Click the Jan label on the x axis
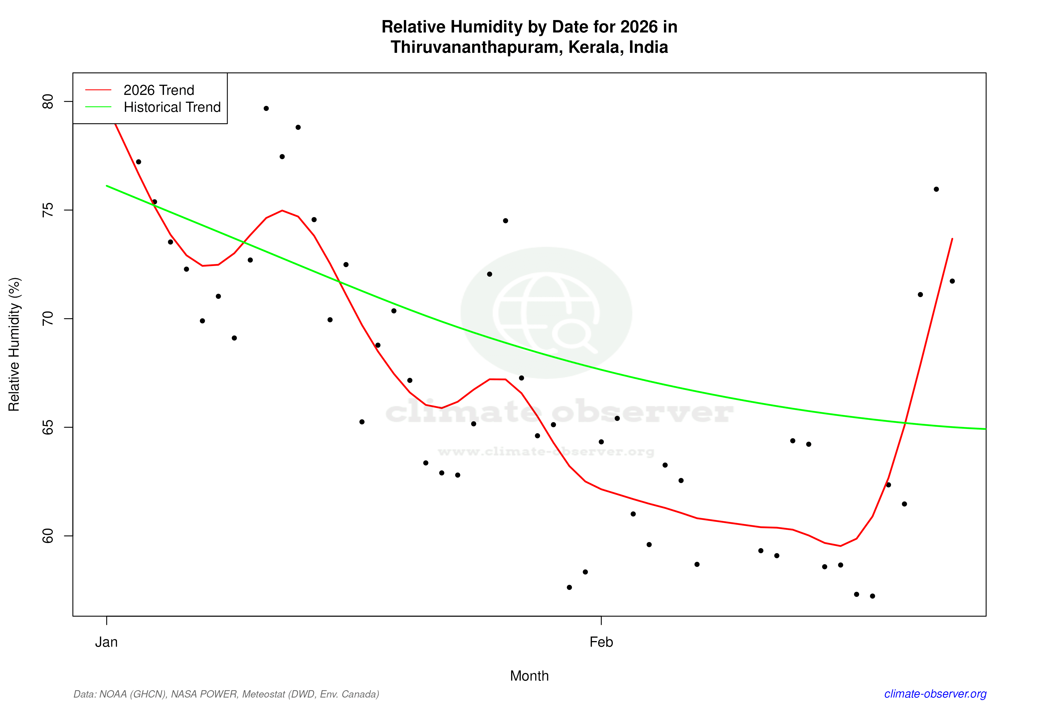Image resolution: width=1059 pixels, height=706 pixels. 106,642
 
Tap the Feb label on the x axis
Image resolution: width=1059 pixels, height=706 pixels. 601,642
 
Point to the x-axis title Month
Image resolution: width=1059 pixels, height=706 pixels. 529,676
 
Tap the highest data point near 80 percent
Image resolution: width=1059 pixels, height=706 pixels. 266,108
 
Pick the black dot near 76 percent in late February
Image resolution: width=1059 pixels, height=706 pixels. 936,189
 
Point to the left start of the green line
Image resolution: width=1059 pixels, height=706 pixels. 107,186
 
